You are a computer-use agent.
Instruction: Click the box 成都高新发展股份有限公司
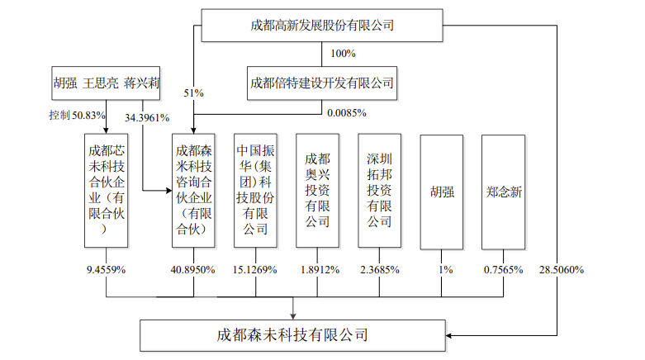pyautogui.click(x=322, y=26)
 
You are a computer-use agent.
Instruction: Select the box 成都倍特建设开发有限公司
pyautogui.click(x=322, y=83)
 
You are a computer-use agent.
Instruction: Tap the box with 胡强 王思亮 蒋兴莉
pyautogui.click(x=106, y=83)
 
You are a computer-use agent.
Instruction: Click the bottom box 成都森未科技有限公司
pyautogui.click(x=292, y=335)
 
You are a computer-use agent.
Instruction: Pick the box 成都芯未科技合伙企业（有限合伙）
pyautogui.click(x=107, y=191)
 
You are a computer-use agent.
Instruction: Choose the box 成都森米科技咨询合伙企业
pyautogui.click(x=193, y=191)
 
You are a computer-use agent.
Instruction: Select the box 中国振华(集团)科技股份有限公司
pyautogui.click(x=255, y=191)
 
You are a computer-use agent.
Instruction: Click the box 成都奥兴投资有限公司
pyautogui.click(x=318, y=191)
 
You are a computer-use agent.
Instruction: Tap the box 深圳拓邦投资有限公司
pyautogui.click(x=379, y=191)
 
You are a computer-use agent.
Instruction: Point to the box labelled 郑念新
pyautogui.click(x=504, y=192)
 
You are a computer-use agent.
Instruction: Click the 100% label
pyautogui.click(x=343, y=54)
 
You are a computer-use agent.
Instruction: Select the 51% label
pyautogui.click(x=194, y=93)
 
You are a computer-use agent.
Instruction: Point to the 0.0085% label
pyautogui.click(x=347, y=113)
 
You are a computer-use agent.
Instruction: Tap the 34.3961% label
pyautogui.click(x=147, y=118)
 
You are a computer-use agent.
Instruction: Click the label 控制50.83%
pyautogui.click(x=78, y=116)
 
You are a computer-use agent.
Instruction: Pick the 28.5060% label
pyautogui.click(x=562, y=270)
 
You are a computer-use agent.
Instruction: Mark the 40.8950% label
pyautogui.click(x=193, y=270)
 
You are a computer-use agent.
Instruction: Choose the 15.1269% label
pyautogui.click(x=255, y=270)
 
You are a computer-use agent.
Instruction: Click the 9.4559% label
pyautogui.click(x=107, y=270)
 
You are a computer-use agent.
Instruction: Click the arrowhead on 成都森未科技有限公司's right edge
pyautogui.click(x=448, y=336)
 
